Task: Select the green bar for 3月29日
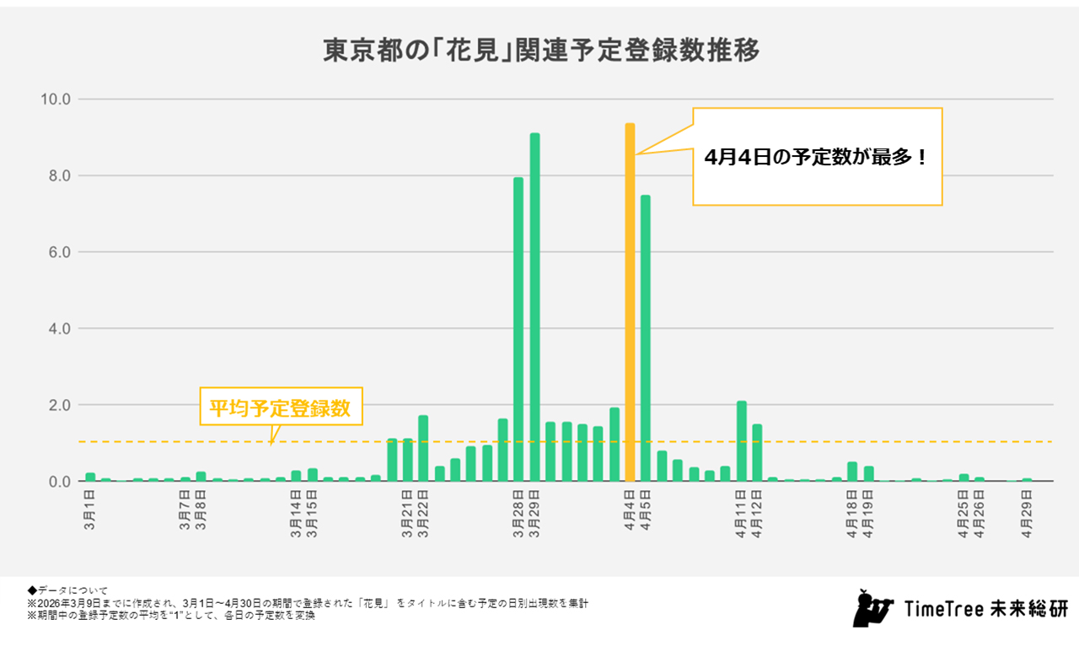[534, 307]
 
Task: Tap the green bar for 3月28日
[518, 329]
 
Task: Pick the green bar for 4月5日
[646, 337]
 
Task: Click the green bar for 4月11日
[742, 441]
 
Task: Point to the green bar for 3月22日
[423, 448]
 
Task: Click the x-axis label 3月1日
[90, 504]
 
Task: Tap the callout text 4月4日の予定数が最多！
[816, 158]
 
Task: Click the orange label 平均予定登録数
[279, 408]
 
